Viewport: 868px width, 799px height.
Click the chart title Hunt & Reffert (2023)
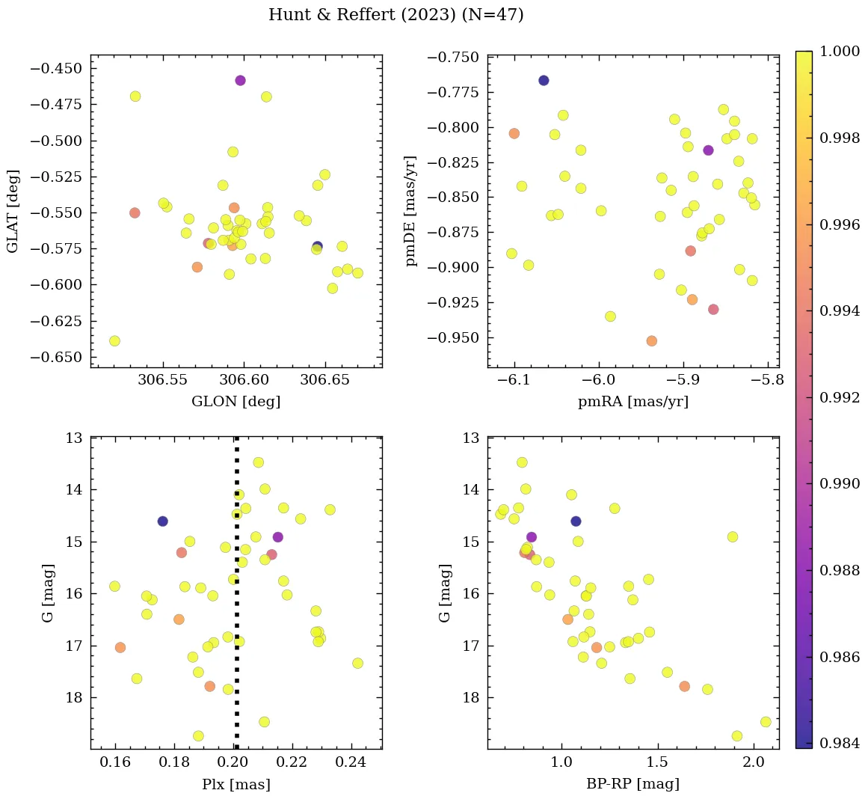395,15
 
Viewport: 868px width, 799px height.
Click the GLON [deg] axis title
236,402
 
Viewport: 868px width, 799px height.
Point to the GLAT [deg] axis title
13,210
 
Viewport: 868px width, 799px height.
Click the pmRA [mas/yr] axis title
633,402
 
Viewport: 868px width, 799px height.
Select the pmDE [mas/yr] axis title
410,210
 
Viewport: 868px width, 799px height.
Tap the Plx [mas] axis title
236,785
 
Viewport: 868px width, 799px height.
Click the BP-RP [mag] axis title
633,785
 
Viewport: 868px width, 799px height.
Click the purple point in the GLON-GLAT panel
240,81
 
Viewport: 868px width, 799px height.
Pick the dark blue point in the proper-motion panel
544,81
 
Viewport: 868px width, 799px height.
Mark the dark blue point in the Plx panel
162,521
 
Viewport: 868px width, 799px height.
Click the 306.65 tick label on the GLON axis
324,381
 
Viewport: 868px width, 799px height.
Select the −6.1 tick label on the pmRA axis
514,381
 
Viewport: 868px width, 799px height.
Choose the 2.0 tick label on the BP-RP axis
754,763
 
